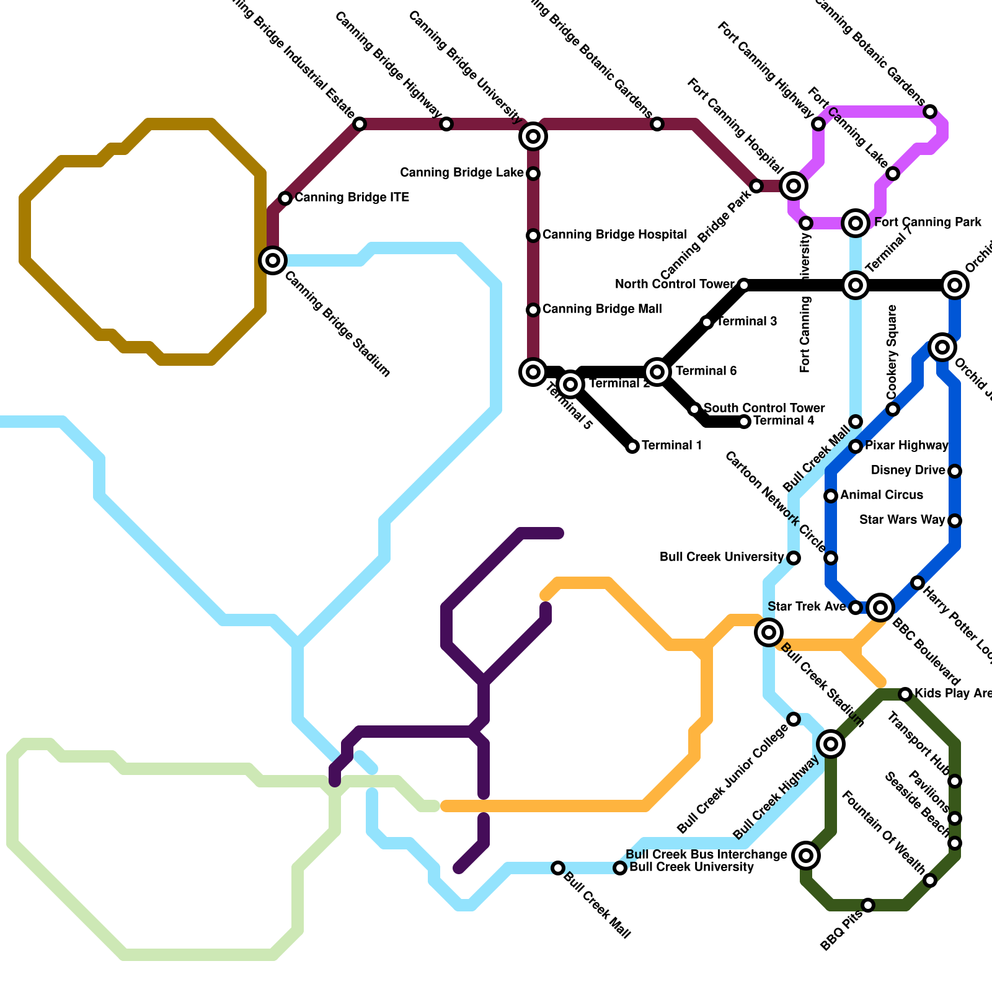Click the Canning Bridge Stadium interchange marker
273,260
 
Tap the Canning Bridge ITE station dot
285,198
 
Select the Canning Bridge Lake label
462,173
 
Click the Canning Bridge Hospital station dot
533,236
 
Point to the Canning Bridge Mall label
602,309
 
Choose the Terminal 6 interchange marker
657,372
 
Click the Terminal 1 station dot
632,446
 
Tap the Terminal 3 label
747,322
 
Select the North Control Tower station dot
744,285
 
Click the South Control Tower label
764,409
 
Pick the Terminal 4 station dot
745,422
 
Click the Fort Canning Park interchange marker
856,223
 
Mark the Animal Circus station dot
831,496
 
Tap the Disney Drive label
908,471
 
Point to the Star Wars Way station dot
955,521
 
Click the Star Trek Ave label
807,607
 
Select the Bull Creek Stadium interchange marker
769,632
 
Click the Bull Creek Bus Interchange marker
806,856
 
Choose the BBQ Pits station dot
868,905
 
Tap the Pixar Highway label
906,446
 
